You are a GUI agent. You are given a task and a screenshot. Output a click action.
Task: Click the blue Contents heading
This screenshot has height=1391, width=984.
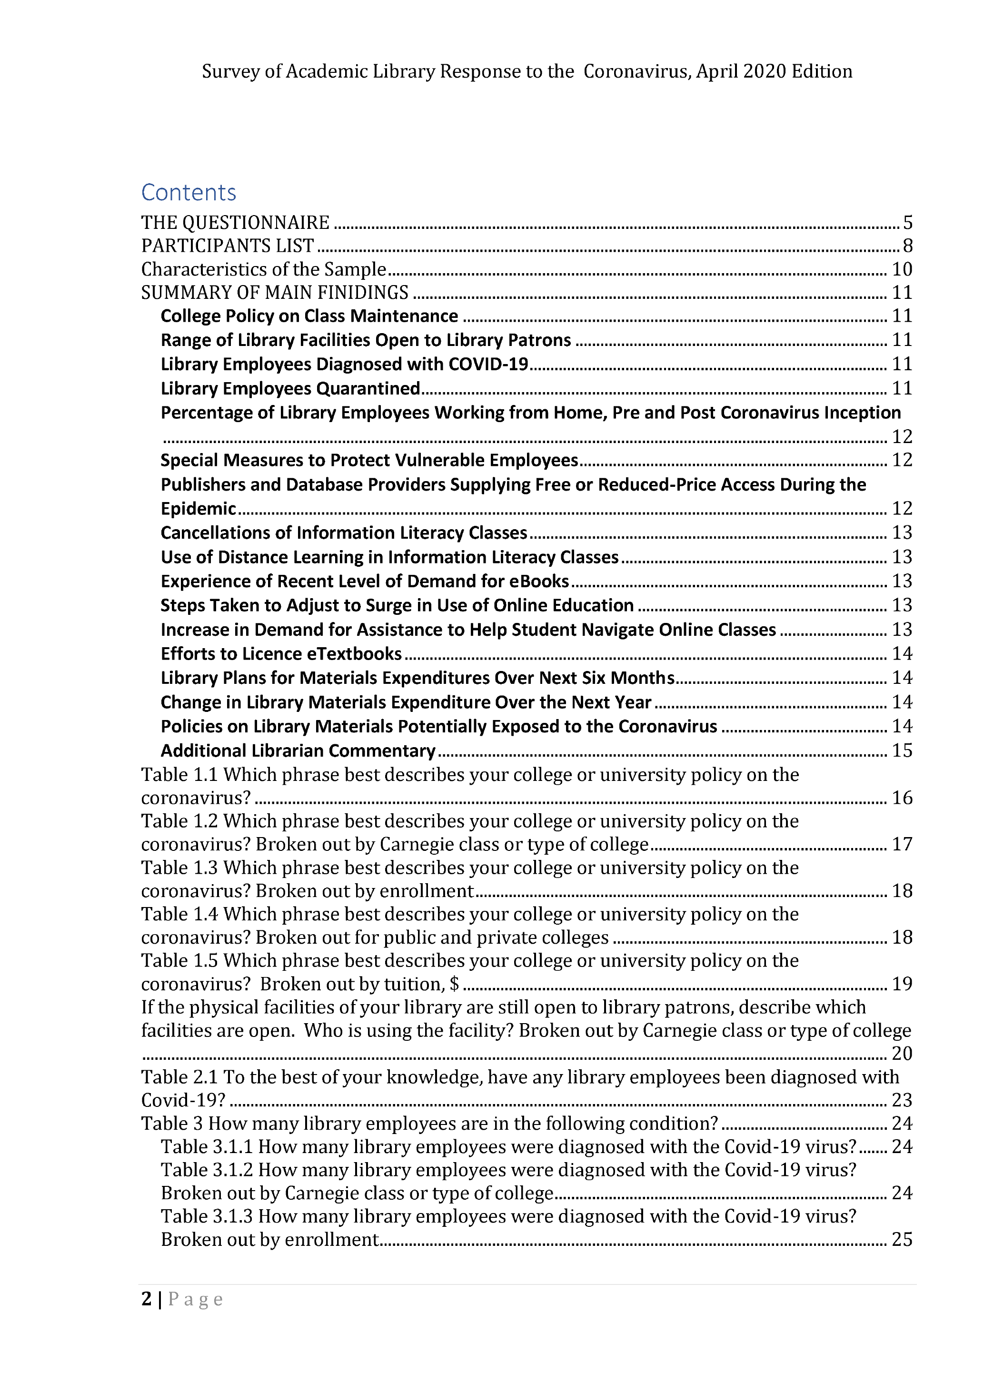(x=189, y=193)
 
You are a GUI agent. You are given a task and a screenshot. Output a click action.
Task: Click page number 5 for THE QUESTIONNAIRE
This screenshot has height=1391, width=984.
(x=907, y=223)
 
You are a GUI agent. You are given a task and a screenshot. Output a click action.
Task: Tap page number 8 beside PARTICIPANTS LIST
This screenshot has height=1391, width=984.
(x=907, y=246)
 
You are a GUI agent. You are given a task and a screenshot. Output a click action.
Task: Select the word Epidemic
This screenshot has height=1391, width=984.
(x=198, y=508)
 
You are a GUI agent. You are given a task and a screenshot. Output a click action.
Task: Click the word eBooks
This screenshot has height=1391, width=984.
(x=539, y=581)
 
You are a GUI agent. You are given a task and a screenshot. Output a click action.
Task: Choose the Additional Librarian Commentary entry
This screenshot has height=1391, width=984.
(x=298, y=750)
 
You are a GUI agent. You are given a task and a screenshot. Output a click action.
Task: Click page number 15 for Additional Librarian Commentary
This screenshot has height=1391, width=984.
(x=902, y=750)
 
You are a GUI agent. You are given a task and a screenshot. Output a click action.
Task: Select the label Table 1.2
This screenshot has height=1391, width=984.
(x=179, y=821)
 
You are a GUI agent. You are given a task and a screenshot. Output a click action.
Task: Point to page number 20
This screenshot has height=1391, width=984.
(x=902, y=1054)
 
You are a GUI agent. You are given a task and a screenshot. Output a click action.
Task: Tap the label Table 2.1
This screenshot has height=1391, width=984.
(x=179, y=1077)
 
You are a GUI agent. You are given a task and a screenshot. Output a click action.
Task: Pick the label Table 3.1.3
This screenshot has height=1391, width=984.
(x=207, y=1216)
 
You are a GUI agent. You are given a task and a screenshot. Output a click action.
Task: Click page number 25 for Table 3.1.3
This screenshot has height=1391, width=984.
(x=902, y=1240)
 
